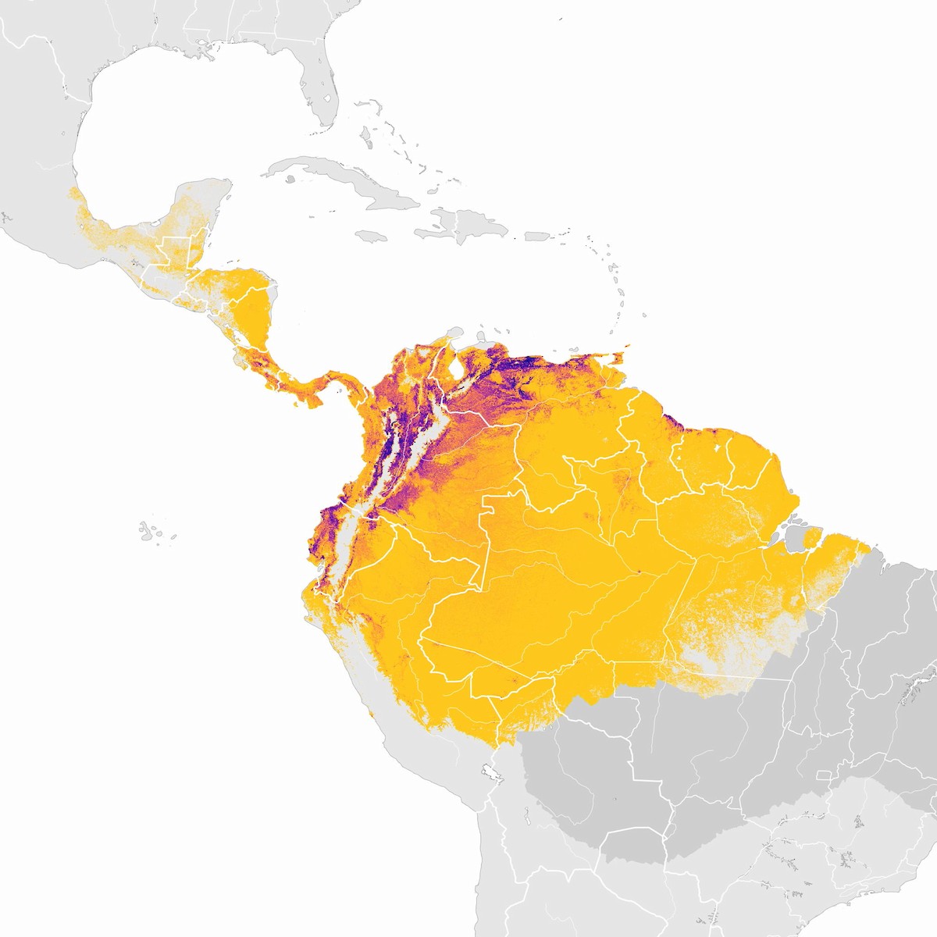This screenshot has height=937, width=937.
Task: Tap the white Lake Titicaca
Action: point(492,773)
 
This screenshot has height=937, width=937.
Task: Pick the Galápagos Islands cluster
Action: point(152,531)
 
